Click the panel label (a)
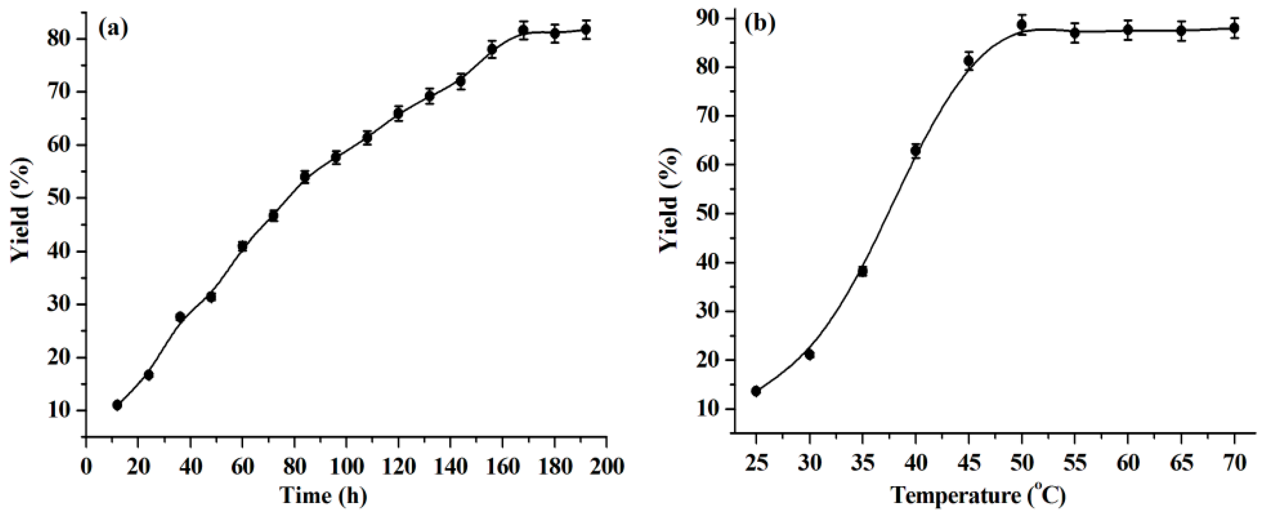point(113,29)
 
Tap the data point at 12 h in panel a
point(117,405)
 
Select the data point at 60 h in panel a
point(242,246)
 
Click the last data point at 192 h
point(586,29)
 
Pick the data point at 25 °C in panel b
point(756,391)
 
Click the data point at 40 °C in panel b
point(916,151)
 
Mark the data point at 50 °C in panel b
point(1022,25)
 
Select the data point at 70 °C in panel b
point(1234,28)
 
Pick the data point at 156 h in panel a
point(492,50)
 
